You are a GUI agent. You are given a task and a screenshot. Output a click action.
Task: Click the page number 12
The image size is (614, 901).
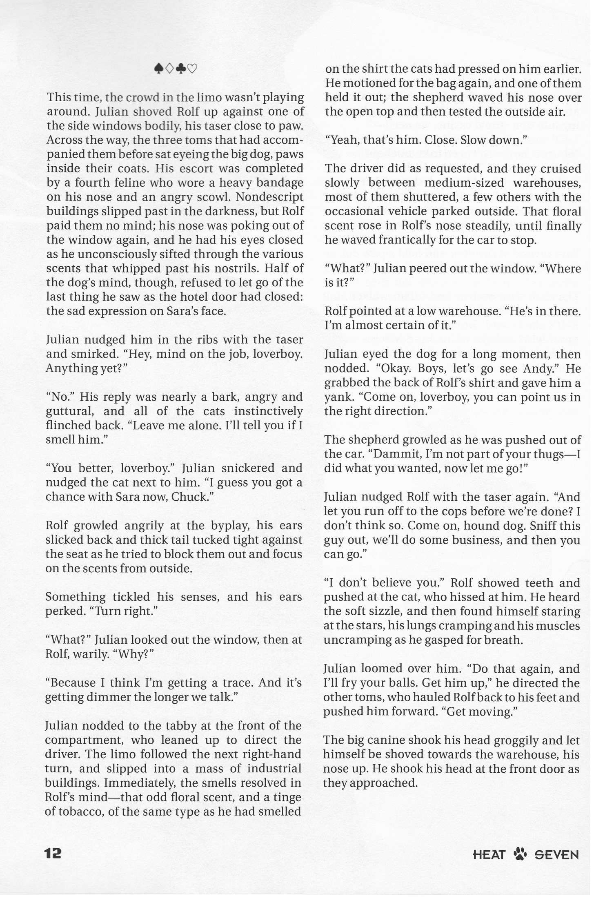click(x=53, y=853)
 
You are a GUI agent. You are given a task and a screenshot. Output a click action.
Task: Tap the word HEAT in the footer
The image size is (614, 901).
click(x=489, y=854)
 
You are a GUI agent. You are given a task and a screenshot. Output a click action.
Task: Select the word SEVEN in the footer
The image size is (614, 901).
click(x=556, y=854)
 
